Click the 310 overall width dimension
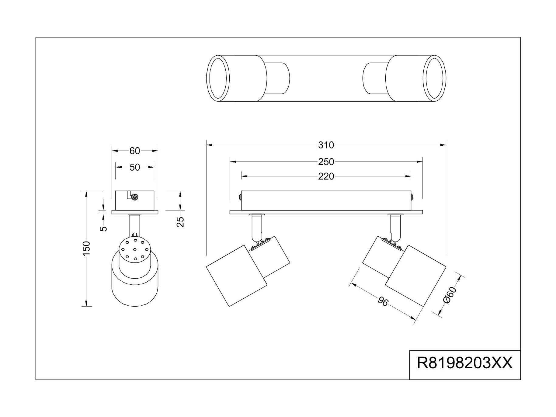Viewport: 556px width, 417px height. tap(326, 145)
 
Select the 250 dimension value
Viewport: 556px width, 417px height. tap(326, 162)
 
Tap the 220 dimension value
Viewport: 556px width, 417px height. tap(326, 176)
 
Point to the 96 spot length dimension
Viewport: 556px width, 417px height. tap(383, 302)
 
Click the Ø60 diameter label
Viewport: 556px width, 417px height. tap(450, 295)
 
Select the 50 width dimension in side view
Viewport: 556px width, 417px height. tap(135, 167)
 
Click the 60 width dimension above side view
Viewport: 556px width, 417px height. tap(135, 151)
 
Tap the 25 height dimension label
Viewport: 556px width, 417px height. tap(181, 222)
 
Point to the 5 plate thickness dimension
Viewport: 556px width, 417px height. tap(104, 228)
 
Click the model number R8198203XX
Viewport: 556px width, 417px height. tap(464, 363)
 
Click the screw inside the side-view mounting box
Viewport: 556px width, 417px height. tap(134, 197)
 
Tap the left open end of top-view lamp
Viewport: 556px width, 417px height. tap(217, 78)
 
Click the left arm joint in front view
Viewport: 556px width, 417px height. tap(259, 242)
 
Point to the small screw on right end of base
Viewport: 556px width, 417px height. tap(412, 197)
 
